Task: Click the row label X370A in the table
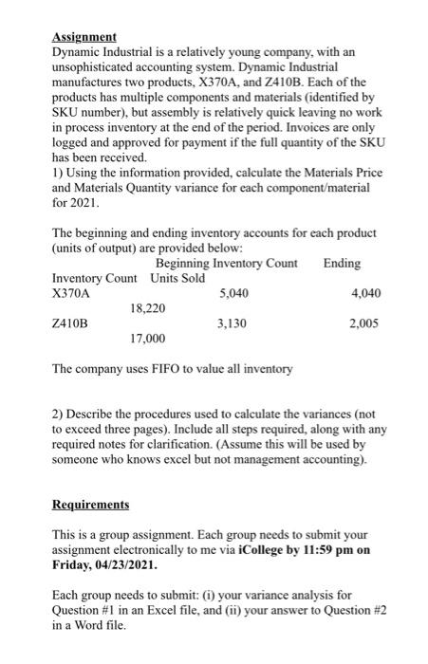point(73,293)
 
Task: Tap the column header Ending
point(343,263)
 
